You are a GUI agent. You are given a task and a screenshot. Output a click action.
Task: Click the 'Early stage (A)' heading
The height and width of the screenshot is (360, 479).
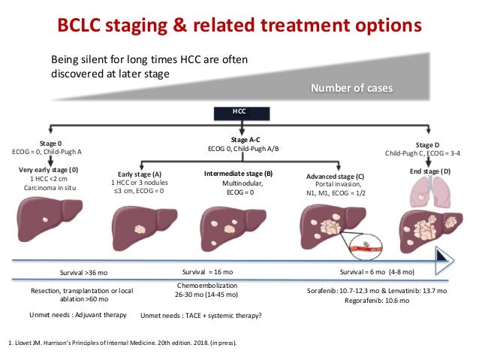coord(140,173)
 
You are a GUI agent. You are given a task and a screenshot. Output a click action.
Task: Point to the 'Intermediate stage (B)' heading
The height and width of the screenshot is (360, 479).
coord(238,174)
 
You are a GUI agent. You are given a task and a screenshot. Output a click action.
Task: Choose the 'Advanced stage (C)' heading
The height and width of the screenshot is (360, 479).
coord(336,177)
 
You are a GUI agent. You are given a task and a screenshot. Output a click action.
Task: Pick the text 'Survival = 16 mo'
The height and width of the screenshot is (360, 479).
coord(209,271)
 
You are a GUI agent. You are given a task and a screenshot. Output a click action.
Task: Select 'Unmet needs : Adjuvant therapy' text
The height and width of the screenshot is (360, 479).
coord(78,315)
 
